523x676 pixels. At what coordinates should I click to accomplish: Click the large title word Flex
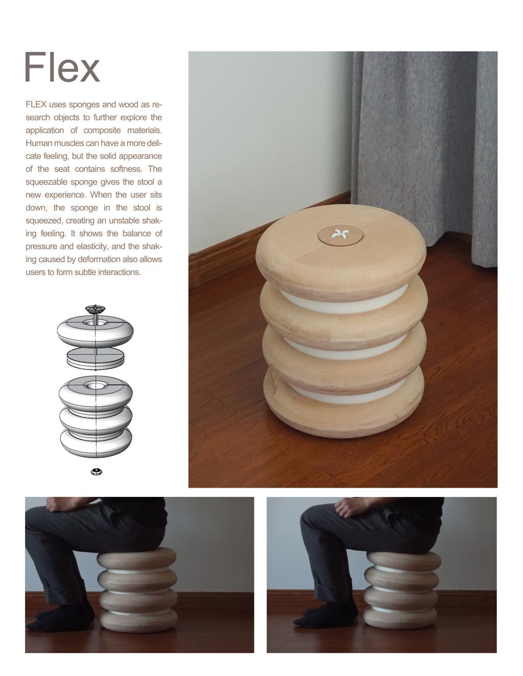tap(62, 67)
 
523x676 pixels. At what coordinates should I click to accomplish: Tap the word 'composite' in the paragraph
tap(102, 130)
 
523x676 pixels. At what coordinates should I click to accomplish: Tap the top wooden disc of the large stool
tap(341, 252)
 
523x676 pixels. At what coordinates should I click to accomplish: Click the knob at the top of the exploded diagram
tap(95, 309)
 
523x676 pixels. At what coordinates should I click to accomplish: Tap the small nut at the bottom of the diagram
tap(97, 472)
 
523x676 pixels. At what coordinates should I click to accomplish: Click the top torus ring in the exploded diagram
tap(95, 331)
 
